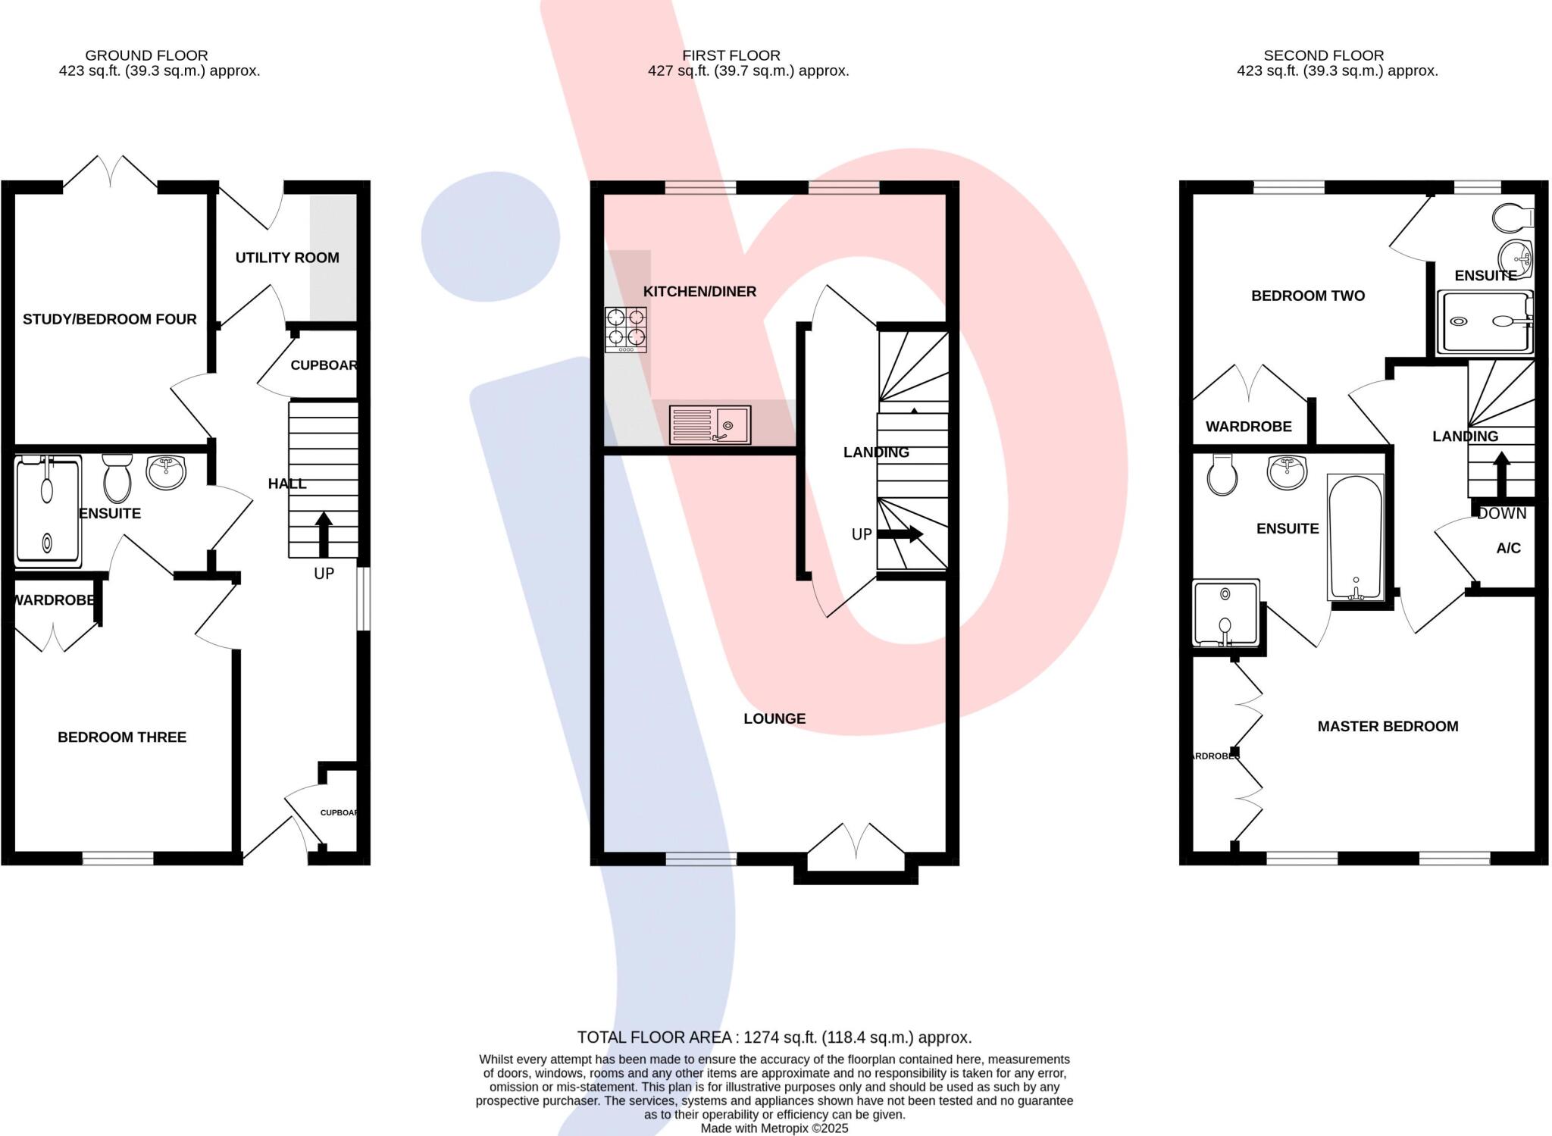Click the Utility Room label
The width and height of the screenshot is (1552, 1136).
287,258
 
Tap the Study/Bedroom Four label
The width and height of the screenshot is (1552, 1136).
110,319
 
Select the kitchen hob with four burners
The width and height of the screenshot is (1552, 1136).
626,330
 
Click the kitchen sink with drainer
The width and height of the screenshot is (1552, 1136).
710,424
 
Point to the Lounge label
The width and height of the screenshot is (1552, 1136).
774,718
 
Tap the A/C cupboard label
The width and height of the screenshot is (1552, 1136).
1508,548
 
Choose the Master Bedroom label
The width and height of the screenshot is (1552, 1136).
1388,726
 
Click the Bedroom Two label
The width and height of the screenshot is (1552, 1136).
1308,296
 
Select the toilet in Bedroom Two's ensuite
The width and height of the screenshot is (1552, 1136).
1512,218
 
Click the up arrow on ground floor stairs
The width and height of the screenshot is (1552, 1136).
324,534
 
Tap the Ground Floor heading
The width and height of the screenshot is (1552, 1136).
146,55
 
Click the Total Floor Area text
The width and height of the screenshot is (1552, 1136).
774,1037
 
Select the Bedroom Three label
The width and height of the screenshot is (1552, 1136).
122,737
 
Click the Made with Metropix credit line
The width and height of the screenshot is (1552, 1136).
774,1128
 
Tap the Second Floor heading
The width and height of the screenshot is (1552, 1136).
1323,55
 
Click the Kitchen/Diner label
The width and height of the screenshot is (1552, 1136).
699,291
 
